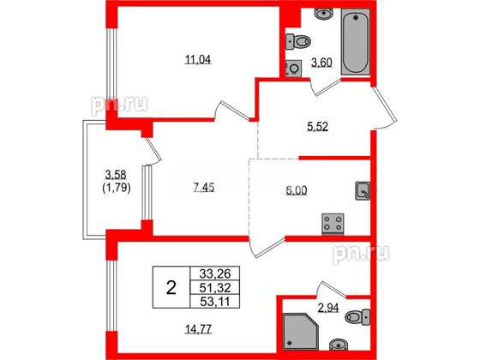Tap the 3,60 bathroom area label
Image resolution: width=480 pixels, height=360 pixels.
320,63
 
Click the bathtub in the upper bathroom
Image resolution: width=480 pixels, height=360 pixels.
353,45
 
